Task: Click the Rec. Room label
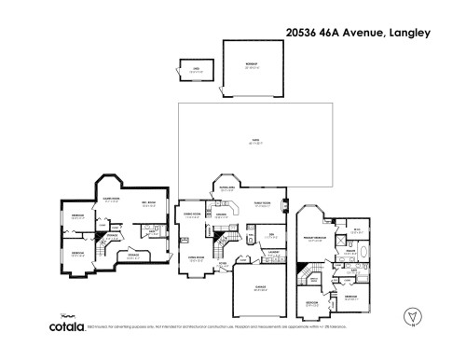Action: point(148,204)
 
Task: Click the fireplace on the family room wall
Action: point(285,206)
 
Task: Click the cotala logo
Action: point(67,326)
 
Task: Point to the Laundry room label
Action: point(275,252)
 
